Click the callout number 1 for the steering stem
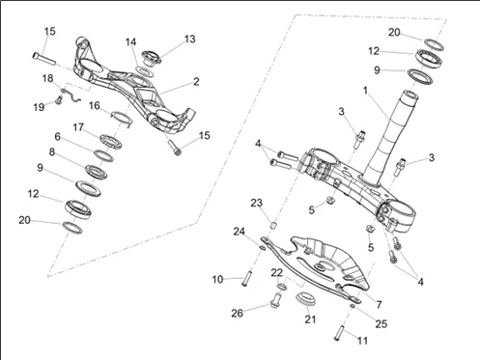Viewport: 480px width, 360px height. [365, 91]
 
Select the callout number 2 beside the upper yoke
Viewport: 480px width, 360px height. [196, 81]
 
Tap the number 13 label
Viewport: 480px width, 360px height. [189, 39]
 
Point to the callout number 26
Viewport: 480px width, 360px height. [238, 313]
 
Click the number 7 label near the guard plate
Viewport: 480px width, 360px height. [379, 304]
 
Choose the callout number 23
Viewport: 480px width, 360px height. [257, 203]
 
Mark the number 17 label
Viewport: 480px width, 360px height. [78, 127]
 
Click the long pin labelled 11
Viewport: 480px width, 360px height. [339, 333]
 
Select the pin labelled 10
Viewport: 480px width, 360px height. [246, 279]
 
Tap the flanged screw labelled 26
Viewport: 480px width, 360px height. [275, 300]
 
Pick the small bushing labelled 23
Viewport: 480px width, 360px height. [273, 225]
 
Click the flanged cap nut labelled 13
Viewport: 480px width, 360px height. [152, 58]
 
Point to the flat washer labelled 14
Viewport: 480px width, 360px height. [144, 70]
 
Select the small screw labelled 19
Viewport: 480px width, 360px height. [59, 100]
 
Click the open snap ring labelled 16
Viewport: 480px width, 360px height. [122, 117]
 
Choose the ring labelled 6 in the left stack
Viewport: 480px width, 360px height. [103, 155]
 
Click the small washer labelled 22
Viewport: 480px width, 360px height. [282, 286]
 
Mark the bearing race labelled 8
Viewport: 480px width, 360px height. [96, 172]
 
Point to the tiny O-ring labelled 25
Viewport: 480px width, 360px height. [353, 306]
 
